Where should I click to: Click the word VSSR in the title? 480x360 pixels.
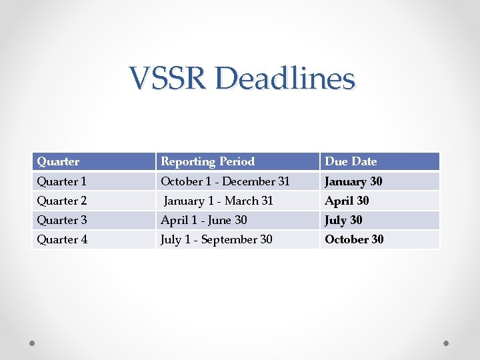(x=169, y=79)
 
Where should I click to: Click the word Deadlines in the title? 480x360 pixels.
(x=285, y=79)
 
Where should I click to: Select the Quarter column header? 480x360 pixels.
(x=58, y=161)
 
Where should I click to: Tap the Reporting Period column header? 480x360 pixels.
(x=208, y=161)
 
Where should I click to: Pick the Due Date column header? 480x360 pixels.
(x=351, y=161)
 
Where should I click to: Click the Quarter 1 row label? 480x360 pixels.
(x=62, y=181)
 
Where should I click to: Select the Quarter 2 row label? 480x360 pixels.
(x=62, y=201)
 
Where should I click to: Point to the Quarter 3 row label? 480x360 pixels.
(x=62, y=220)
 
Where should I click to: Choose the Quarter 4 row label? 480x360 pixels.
(x=62, y=239)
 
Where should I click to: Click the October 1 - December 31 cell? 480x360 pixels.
(x=225, y=181)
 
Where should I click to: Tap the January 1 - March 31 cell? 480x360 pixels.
(x=219, y=201)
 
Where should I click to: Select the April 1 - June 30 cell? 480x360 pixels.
(x=204, y=220)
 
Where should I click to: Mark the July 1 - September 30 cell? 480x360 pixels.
(x=217, y=239)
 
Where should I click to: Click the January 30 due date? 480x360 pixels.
(x=353, y=181)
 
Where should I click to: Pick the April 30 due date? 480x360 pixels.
(x=347, y=201)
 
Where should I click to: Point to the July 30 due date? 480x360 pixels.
(x=343, y=220)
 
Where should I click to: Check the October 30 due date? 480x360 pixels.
(x=354, y=239)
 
